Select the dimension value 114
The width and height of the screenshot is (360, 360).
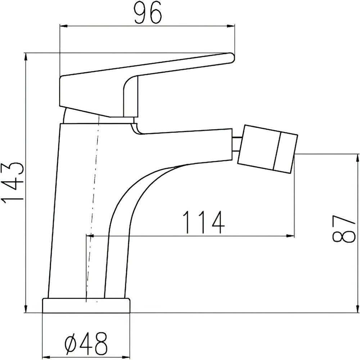coord(203,222)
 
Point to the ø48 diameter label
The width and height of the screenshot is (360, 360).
coord(86,343)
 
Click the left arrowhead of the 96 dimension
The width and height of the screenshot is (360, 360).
coord(63,26)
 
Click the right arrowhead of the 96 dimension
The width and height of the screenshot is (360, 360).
coord(231,26)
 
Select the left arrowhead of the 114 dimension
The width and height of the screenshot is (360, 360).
coord(90,235)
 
